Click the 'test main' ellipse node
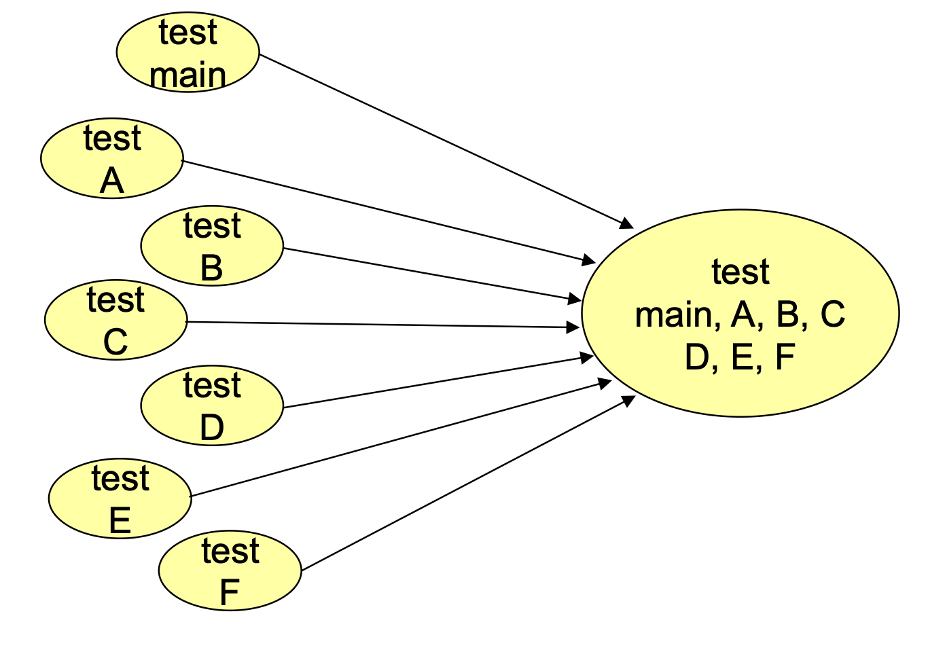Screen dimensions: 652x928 pos(188,52)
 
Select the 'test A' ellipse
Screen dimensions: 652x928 pos(112,159)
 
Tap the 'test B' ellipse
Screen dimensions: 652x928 pos(212,246)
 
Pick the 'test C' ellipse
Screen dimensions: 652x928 pos(115,321)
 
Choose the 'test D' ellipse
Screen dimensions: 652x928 pos(212,406)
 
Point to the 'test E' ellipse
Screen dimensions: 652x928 pos(120,499)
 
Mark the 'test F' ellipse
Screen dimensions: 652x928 pos(230,571)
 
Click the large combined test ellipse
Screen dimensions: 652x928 pos(740,313)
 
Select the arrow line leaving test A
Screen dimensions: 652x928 pos(387,211)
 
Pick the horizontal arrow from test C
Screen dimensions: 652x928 pos(380,325)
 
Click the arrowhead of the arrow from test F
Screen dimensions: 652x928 pos(628,400)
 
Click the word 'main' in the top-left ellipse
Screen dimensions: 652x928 pos(188,75)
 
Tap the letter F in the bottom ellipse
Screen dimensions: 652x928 pos(230,592)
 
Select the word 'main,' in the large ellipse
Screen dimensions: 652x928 pos(675,314)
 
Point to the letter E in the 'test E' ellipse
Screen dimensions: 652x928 pos(120,521)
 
